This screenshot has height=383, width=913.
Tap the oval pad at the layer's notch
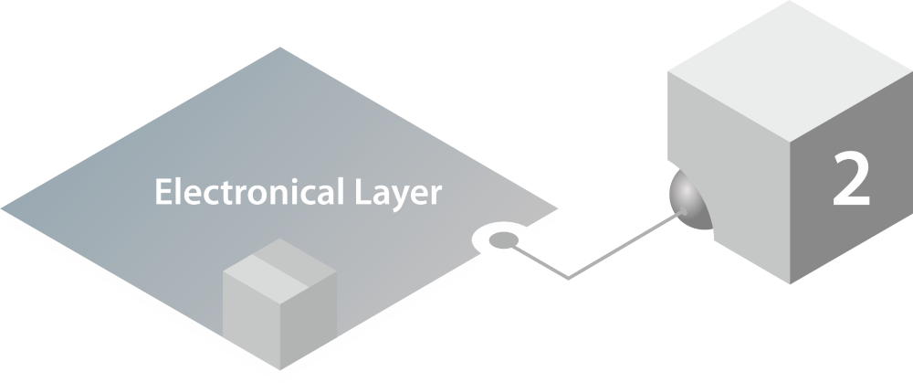(501, 240)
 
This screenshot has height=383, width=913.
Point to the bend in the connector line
(569, 275)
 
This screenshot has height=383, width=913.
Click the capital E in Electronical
(163, 194)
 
